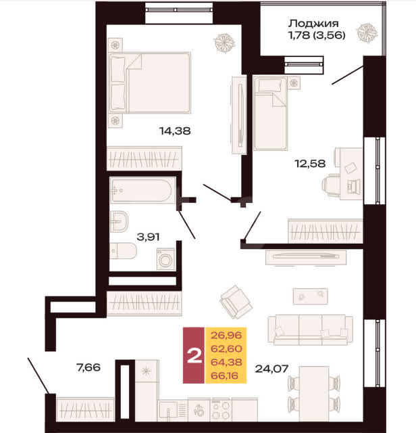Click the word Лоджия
point(313,24)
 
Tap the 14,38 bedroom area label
point(175,131)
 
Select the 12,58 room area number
point(310,164)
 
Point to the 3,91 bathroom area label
point(148,237)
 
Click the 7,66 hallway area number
point(88,367)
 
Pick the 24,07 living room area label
point(271,369)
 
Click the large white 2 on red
point(194,357)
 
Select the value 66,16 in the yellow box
point(224,375)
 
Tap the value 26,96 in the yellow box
point(226,336)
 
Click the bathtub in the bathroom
point(142,190)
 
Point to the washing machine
point(165,259)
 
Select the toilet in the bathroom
point(123,251)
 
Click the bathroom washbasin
point(119,221)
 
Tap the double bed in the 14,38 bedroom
point(150,83)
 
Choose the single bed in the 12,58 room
point(270,114)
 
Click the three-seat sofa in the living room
point(311,329)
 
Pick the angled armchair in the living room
point(236,302)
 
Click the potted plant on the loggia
point(367,33)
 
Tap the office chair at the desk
point(330,185)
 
